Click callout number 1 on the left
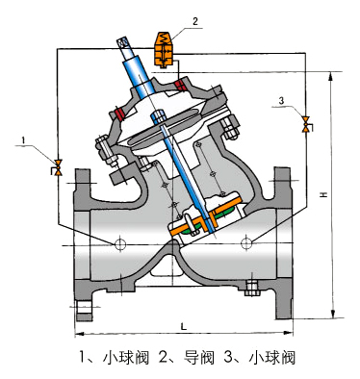coord(23,140)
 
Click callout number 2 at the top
coord(195,21)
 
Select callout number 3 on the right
coord(281,101)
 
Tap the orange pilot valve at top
coord(166,49)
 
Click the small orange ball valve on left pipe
coord(57,167)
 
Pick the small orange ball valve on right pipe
coord(307,124)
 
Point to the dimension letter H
coord(324,194)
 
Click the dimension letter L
coord(184,327)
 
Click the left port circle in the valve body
coord(120,244)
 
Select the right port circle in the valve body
coord(246,242)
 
